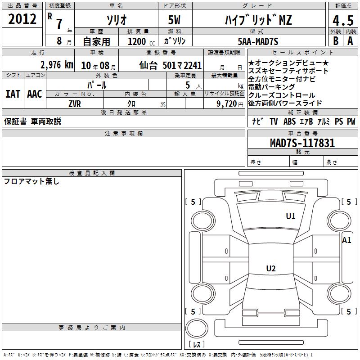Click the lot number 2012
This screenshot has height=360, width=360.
coord(22,19)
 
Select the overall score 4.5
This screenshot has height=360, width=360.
coord(343,21)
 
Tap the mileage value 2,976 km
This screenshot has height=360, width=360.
coord(57,65)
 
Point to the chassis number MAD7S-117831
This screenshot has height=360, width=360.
coord(302,143)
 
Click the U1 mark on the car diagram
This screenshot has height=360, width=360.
coord(290,216)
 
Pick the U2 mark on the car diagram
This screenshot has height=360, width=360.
coord(271,268)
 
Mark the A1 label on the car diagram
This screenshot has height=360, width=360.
coord(346,240)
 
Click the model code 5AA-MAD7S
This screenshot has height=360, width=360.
coord(258,41)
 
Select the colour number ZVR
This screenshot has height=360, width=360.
coord(75,104)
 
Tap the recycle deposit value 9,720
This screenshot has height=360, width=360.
coord(227,104)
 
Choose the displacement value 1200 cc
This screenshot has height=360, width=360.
coord(141,41)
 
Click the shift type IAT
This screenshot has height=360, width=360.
coord(13,94)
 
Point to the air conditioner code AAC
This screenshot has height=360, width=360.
coord(35,94)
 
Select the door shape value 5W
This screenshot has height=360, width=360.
coord(174,20)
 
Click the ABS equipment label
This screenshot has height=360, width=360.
coord(289,121)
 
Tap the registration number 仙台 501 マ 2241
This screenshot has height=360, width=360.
coord(171,65)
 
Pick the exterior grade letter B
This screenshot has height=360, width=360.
coord(336,41)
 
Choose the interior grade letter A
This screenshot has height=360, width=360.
coord(350,41)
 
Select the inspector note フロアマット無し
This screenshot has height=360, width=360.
coord(31,181)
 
